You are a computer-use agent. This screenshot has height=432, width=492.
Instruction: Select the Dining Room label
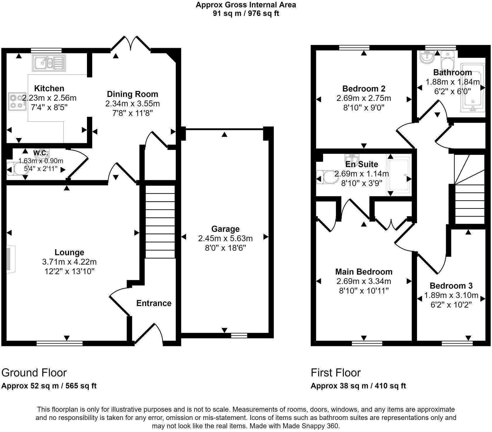(132, 94)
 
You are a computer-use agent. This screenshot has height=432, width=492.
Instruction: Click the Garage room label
(225, 229)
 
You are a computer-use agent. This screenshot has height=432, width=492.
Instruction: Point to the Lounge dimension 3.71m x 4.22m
(69, 262)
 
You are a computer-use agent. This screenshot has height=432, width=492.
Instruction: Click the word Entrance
(154, 303)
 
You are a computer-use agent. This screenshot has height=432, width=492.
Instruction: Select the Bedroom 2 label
(364, 89)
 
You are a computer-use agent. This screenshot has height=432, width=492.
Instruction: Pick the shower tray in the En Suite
(399, 175)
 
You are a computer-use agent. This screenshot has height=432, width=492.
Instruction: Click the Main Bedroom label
(364, 272)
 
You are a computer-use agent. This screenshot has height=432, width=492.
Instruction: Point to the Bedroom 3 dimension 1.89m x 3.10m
(451, 295)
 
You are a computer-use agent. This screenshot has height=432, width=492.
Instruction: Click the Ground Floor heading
(34, 373)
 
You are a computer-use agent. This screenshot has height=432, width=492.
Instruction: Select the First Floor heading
(336, 373)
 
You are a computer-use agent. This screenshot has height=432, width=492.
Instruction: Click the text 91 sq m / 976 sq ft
(246, 14)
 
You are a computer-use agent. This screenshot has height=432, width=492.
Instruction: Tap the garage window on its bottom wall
(239, 334)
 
